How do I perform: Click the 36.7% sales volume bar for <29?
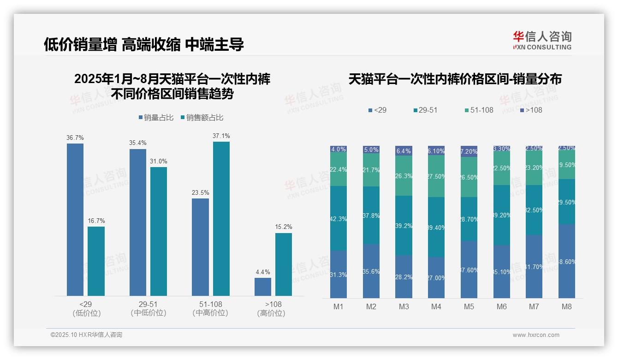75,219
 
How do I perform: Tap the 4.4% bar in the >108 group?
263,287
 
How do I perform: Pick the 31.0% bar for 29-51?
159,231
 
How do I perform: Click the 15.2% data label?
284,227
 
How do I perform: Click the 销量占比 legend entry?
156,118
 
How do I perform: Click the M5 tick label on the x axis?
469,306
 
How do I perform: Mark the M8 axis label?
567,306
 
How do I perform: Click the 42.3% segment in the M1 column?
339,218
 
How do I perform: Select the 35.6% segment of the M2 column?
371,271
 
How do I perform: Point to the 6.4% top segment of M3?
404,150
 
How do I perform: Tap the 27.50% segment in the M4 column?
436,176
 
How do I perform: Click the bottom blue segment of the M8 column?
567,261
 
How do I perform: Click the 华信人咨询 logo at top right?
542,40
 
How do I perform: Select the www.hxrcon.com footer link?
536,335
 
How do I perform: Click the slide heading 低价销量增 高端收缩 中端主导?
143,44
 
